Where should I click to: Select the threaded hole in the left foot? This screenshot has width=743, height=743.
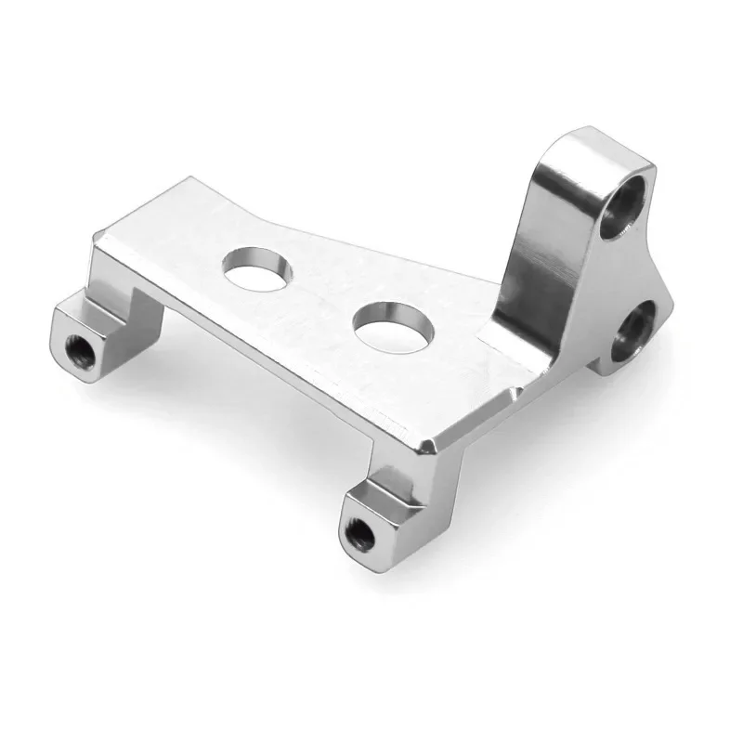pos(77,348)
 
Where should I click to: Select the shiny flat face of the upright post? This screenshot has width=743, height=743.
pos(548,251)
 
